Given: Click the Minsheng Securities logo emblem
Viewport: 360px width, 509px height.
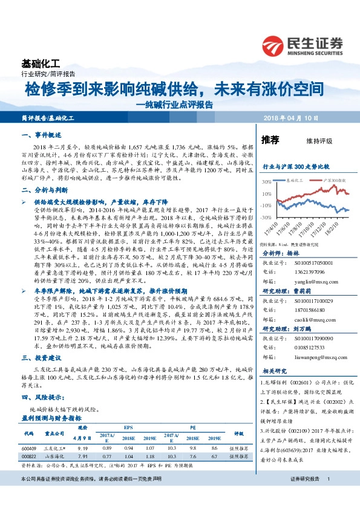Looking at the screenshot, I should [x=273, y=46].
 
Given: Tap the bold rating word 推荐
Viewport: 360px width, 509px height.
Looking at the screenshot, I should [x=269, y=140].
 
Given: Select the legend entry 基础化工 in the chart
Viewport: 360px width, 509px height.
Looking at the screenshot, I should [x=293, y=180].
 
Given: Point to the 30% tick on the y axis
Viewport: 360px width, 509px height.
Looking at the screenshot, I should [x=266, y=181].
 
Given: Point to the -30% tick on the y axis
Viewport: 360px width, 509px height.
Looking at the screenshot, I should [x=266, y=216].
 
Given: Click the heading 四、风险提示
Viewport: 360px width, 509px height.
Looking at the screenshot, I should [x=41, y=398].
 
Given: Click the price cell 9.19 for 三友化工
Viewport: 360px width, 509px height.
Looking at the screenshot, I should [x=85, y=448].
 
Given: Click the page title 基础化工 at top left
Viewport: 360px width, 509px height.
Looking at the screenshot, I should [x=41, y=63].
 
